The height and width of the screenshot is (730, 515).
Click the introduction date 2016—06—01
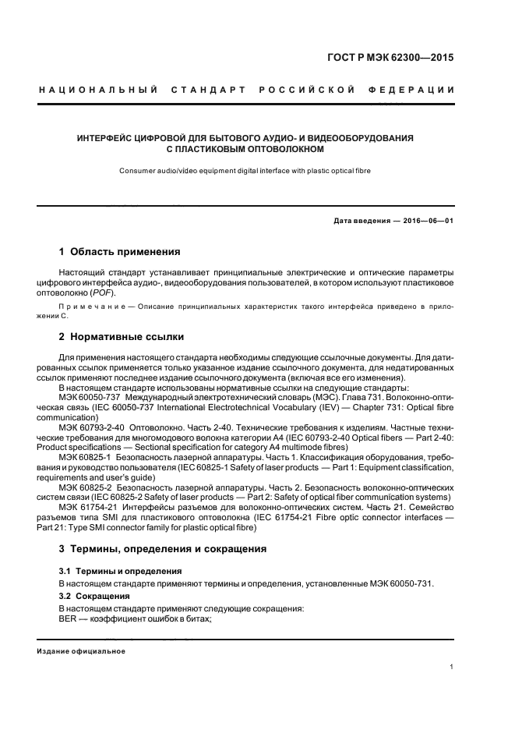click(x=427, y=221)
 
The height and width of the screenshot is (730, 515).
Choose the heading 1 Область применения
click(x=120, y=252)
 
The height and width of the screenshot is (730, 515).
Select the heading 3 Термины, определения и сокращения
click(x=163, y=549)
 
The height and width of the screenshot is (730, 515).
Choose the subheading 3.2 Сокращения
click(x=95, y=596)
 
